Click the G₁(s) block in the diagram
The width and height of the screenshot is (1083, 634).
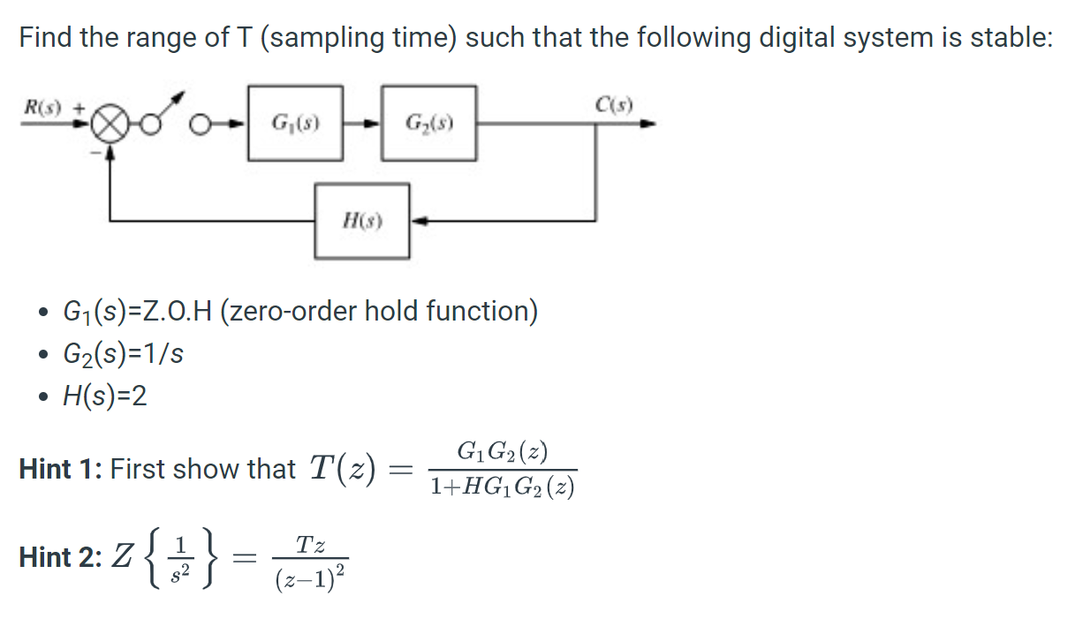point(295,123)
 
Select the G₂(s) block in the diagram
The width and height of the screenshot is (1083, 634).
point(429,123)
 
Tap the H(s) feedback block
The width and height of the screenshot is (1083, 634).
point(362,221)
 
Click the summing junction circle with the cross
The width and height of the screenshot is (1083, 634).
point(110,125)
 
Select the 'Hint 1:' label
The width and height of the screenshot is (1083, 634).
point(62,469)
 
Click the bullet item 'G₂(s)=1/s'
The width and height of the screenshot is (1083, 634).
point(124,354)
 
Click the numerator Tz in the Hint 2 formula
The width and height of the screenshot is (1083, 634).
point(310,544)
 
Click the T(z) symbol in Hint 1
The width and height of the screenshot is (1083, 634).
point(342,467)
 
